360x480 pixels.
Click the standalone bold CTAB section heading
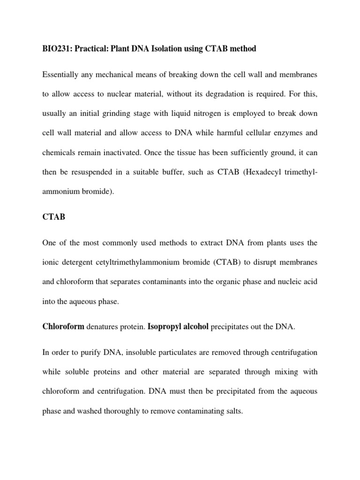point(53,217)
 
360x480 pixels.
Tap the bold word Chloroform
point(63,327)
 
